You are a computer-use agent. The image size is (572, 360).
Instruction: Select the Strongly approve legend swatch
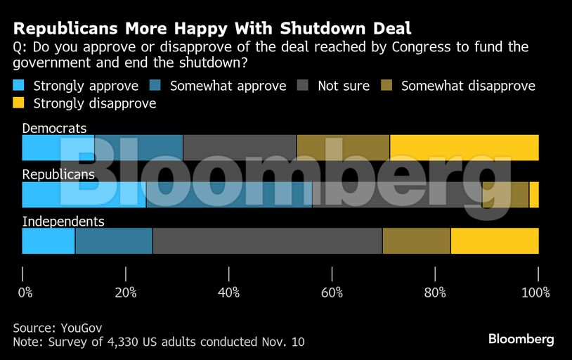20,86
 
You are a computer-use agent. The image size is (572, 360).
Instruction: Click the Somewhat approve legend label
228,86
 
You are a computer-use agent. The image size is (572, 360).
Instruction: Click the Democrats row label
55,129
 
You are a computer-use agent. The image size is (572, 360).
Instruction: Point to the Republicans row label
58,175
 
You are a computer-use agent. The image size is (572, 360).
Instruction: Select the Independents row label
63,221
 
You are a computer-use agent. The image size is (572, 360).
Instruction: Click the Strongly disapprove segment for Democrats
464,148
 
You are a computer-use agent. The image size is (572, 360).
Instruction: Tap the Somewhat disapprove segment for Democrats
343,148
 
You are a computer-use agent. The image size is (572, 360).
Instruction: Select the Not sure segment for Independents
267,240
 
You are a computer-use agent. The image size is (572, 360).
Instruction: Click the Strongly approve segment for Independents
48,240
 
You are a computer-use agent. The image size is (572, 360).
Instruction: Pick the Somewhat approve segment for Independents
114,240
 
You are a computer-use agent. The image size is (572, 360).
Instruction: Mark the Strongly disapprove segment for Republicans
534,194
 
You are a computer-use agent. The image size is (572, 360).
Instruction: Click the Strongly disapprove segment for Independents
495,240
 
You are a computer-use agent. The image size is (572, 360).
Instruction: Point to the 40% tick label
229,292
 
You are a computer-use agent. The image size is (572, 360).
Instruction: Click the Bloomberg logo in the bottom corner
521,339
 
